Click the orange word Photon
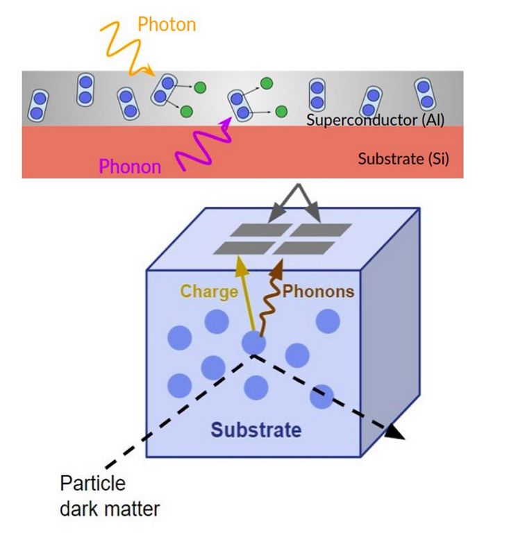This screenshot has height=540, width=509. click(x=167, y=25)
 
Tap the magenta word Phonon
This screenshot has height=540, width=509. click(x=130, y=167)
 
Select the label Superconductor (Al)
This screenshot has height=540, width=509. click(x=375, y=119)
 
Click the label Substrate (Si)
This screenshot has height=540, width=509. click(x=403, y=159)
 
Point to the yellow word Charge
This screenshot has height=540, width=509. click(x=209, y=292)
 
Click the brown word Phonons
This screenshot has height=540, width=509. click(x=317, y=292)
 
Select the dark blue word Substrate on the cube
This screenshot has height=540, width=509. click(x=256, y=430)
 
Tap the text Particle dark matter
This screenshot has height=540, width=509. click(x=109, y=496)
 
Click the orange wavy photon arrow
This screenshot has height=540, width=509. click(x=125, y=45)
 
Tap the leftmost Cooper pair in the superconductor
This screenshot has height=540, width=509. click(x=39, y=104)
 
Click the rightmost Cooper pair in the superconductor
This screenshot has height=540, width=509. click(x=424, y=94)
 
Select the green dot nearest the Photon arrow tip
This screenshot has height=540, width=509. click(x=199, y=87)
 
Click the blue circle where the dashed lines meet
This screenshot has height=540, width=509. click(x=253, y=342)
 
